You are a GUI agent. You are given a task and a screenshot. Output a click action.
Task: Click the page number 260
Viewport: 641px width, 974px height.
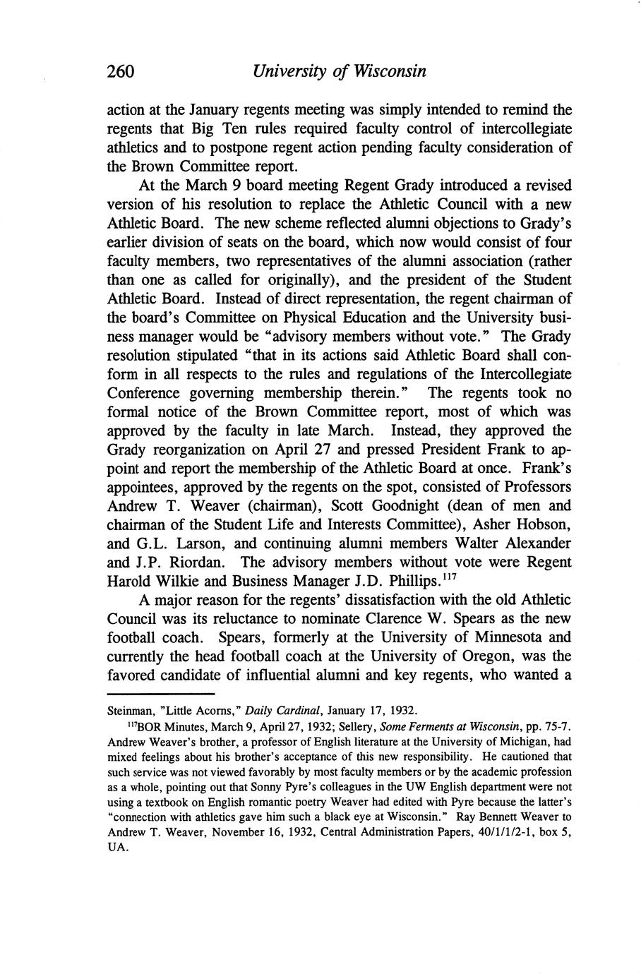(121, 71)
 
